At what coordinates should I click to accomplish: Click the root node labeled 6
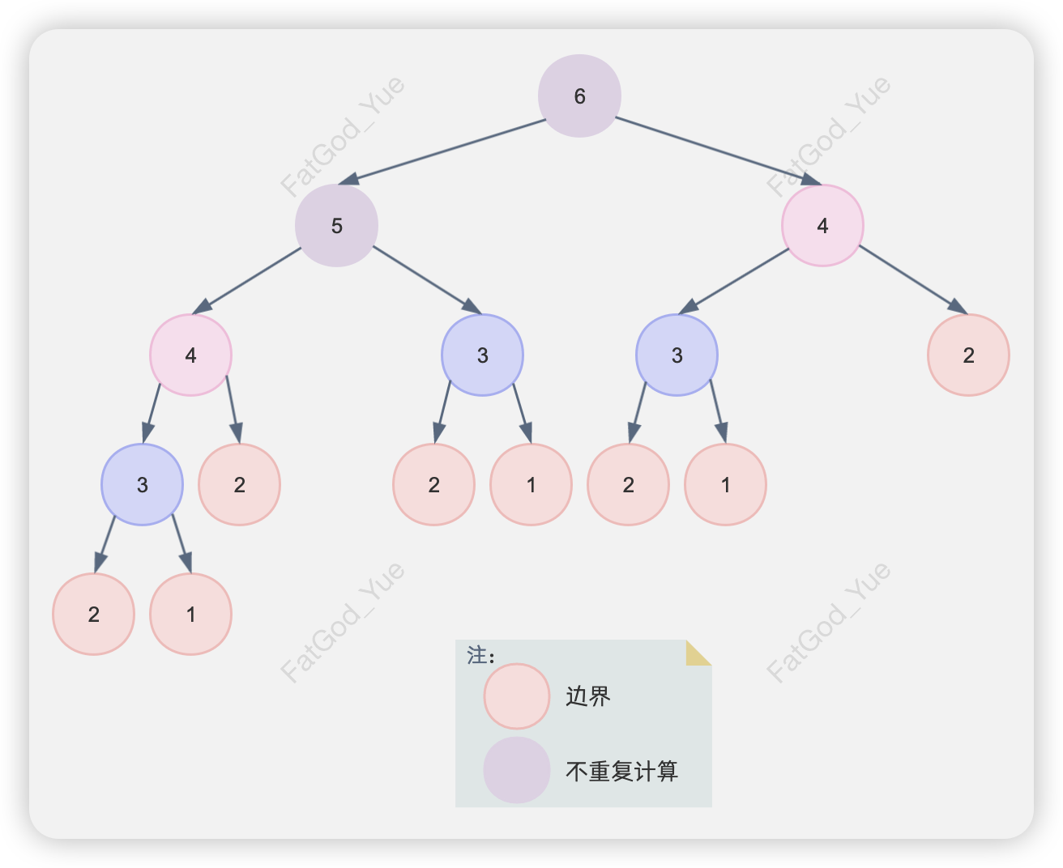tap(579, 96)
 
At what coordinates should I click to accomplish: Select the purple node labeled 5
tap(336, 225)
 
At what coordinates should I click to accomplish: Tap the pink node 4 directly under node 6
tap(822, 225)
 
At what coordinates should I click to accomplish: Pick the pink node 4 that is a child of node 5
tap(190, 355)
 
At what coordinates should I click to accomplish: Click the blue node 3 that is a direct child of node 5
tap(482, 355)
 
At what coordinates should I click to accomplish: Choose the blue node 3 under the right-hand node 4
tap(677, 355)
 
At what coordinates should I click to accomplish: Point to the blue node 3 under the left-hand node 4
tap(142, 484)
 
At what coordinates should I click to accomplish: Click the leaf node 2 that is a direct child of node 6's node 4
tap(968, 355)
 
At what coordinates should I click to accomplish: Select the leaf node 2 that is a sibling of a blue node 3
tap(239, 484)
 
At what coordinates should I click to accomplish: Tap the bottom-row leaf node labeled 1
tap(190, 614)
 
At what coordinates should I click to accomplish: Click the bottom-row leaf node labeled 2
tap(93, 614)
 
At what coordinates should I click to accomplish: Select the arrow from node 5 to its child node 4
tap(247, 280)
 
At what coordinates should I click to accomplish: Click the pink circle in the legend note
tap(517, 696)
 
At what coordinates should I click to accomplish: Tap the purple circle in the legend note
tap(517, 770)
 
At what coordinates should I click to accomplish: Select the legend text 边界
tap(588, 696)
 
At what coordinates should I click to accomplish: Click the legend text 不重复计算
tap(621, 771)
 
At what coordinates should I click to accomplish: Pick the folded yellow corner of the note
tap(696, 653)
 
